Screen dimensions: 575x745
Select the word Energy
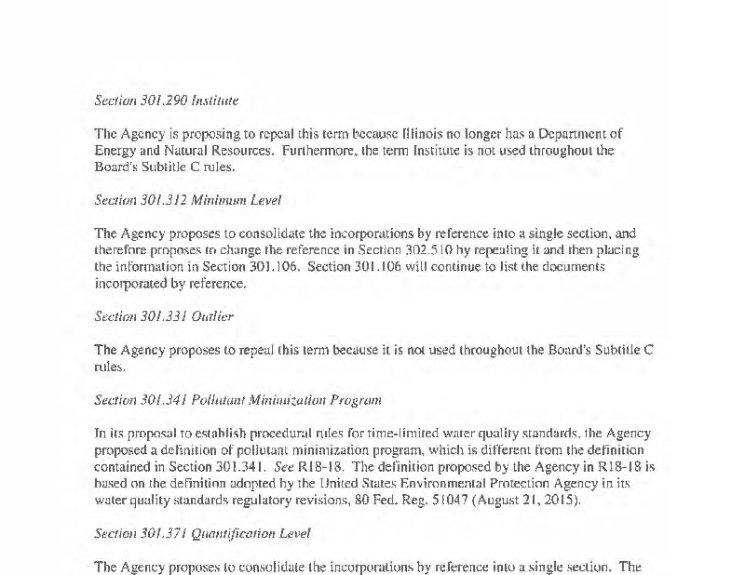coord(115,150)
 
